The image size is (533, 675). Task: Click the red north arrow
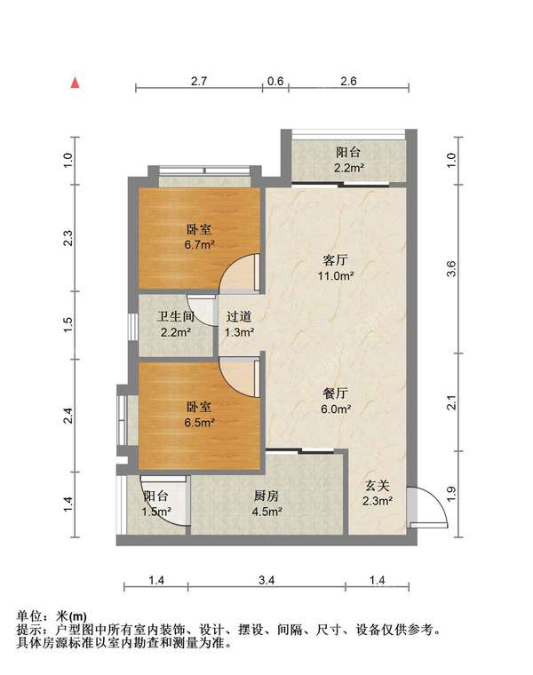coord(75,83)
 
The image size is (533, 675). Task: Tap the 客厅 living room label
coord(336,260)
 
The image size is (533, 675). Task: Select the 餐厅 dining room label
coord(336,393)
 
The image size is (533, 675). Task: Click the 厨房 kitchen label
coord(266,496)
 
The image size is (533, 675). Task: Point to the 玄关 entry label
coord(378,486)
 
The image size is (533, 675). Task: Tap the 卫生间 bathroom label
coord(175,317)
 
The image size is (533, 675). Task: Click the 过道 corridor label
coord(239,317)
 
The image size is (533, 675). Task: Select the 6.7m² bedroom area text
coord(199,245)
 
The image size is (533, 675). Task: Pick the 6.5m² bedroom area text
coord(199,422)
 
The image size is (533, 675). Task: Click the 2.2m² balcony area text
coord(349,168)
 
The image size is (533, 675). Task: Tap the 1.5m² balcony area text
coord(156,512)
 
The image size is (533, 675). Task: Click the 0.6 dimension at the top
coord(275,81)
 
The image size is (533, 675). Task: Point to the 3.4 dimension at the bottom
coord(266,580)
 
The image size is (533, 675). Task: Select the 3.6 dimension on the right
coord(451,269)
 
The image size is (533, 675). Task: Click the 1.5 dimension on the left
coord(68,324)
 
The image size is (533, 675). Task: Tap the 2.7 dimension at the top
coord(199,81)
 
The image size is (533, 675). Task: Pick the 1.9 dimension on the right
coord(451,494)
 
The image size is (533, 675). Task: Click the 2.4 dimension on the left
coord(68,416)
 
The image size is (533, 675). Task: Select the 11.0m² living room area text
coord(336,275)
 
